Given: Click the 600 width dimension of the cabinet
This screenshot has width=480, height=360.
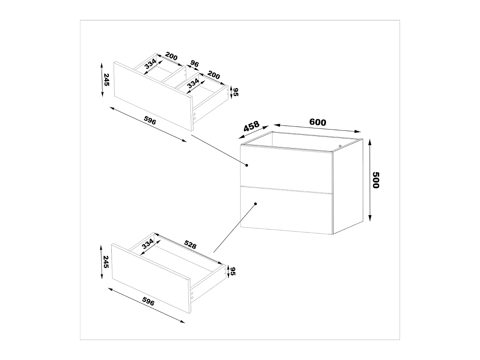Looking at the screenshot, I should [318, 122].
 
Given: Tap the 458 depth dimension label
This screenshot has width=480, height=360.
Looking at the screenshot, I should [252, 126].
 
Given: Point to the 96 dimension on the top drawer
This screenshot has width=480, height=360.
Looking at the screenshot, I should [195, 64].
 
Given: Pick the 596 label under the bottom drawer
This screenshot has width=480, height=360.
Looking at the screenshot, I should [148, 302].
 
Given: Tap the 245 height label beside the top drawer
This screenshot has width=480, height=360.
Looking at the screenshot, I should [106, 80].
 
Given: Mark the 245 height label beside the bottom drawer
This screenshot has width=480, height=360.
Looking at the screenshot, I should [106, 262].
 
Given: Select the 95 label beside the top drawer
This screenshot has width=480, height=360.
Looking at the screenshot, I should [236, 92].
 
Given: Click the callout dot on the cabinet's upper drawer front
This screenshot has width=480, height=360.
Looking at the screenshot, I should [247, 165].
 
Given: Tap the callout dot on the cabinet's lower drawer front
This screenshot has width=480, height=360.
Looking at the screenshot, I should [255, 204].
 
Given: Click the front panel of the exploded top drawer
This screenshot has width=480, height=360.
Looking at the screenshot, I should [152, 96].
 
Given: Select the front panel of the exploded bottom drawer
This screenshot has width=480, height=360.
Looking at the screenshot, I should [150, 278].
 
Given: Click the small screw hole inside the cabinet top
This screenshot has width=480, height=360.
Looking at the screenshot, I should [340, 146].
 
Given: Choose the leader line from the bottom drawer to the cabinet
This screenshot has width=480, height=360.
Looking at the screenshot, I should [234, 228].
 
